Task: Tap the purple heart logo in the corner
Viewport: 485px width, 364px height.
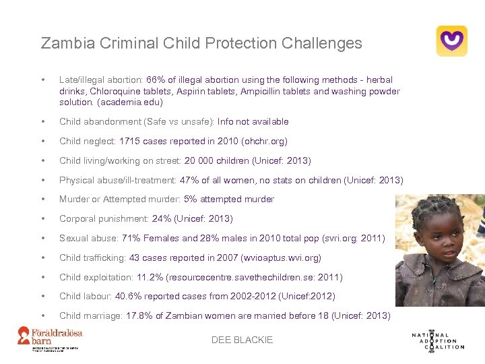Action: [x=451, y=40]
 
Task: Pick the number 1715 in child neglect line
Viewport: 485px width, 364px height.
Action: [x=131, y=142]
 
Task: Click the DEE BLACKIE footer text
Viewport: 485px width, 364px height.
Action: [x=243, y=340]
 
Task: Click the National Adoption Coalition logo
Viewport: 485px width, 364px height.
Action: [x=438, y=340]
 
